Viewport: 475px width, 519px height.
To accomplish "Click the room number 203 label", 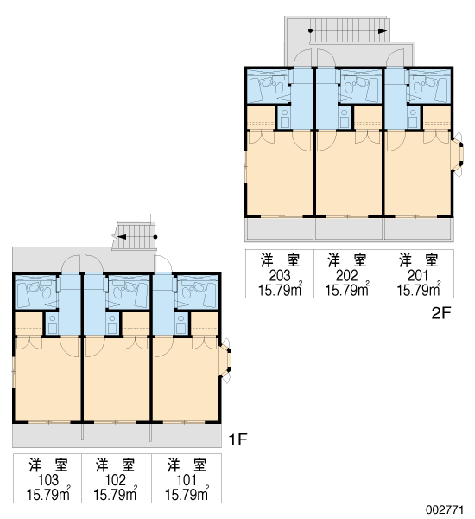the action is pos(280,275).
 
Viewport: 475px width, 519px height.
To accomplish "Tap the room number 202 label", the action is pos(346,275).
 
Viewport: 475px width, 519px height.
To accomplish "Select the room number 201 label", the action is pos(418,275).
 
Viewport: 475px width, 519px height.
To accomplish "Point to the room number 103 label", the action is pos(48,479).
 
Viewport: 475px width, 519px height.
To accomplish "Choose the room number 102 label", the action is pos(116,479).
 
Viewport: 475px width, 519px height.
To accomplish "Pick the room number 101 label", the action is pos(187,479).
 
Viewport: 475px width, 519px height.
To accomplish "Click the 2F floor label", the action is pos(441,313).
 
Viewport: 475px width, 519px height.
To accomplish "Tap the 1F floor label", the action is pos(238,440).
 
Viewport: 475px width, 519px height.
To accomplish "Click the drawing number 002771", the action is pos(444,509).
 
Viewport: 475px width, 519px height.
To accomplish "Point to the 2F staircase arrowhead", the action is pos(383,31).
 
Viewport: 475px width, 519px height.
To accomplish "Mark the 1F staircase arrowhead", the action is pos(122,237).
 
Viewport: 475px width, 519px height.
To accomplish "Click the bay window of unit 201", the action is pos(458,155).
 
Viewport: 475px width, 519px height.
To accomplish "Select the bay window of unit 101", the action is pos(225,361).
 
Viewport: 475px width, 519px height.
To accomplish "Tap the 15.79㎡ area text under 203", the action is pos(281,290).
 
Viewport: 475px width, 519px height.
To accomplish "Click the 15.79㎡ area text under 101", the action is pos(187,495).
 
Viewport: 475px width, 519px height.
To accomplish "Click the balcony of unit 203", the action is pos(279,229).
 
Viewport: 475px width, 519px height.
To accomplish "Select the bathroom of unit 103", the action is pos(37,292).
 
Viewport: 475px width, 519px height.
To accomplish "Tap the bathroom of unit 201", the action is pos(429,86).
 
